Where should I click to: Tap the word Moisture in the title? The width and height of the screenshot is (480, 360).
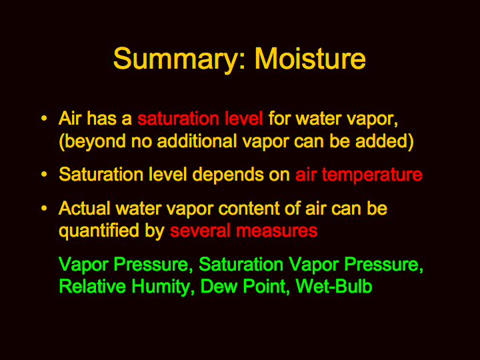[310, 58]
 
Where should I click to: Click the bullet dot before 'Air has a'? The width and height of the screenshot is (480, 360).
[44, 118]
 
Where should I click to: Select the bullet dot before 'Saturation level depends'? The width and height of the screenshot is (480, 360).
[44, 174]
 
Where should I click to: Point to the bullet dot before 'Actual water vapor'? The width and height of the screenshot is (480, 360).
[44, 208]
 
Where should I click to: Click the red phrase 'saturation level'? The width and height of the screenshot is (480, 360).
[200, 118]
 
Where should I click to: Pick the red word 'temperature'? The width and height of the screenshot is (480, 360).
[372, 175]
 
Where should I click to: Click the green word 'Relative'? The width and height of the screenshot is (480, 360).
[92, 286]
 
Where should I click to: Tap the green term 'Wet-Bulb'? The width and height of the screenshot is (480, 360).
[334, 286]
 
